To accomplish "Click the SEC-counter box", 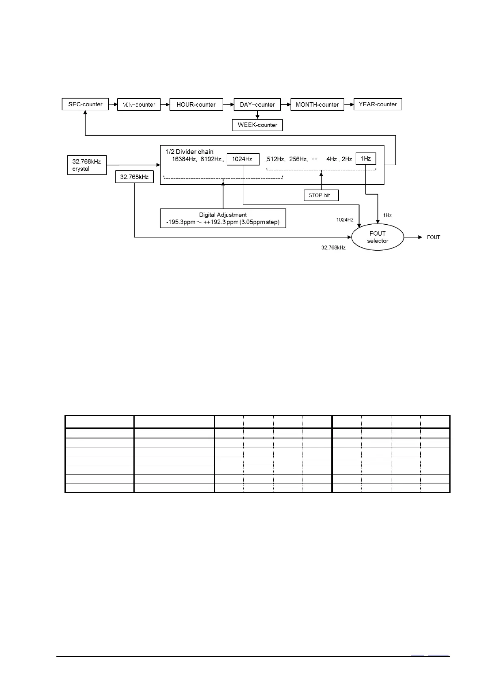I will (x=85, y=104).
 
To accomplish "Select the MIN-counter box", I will (x=139, y=105).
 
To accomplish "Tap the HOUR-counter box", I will (x=196, y=105).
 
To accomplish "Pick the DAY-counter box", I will (x=257, y=105).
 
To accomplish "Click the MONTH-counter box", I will (x=317, y=105).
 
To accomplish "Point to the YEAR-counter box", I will (x=378, y=104).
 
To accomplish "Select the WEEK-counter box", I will (x=257, y=125).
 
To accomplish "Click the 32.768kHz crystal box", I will (x=86, y=165).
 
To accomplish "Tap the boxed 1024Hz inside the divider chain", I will (x=243, y=159).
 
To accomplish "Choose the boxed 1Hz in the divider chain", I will (x=365, y=159).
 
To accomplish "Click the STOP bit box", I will (x=321, y=195).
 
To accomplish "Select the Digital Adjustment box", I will (x=223, y=218).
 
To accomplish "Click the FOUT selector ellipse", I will (x=378, y=237).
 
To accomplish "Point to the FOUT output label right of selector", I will (x=433, y=237).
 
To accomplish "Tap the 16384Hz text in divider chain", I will (x=184, y=159).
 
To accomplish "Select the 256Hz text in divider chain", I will (x=298, y=159).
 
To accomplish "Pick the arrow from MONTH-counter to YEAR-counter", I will (x=349, y=105).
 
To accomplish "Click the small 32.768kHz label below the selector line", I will (x=333, y=247).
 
